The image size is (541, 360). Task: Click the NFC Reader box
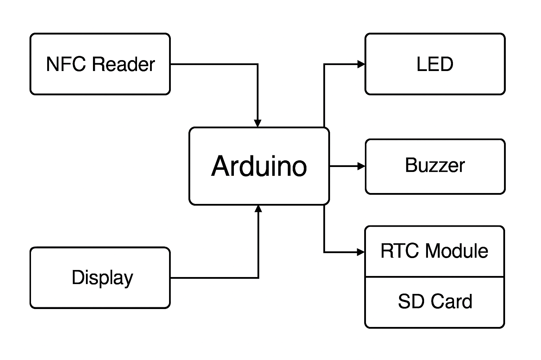(x=100, y=64)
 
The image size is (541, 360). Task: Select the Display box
(x=100, y=278)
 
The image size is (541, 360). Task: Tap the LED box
(x=435, y=64)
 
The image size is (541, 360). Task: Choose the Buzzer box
(x=435, y=166)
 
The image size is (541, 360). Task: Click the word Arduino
(x=259, y=166)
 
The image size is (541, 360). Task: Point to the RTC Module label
(x=434, y=251)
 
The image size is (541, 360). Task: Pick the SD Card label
(x=435, y=302)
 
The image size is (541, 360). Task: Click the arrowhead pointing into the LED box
(x=361, y=64)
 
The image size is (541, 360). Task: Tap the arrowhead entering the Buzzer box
(x=361, y=166)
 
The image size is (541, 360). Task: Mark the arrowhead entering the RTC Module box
(x=361, y=252)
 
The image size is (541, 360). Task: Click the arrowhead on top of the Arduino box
(x=258, y=123)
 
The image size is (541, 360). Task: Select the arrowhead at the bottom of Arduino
(x=259, y=209)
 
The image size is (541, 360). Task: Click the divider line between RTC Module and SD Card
(x=435, y=277)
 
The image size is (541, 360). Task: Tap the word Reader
(x=124, y=64)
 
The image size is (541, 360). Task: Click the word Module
(x=457, y=251)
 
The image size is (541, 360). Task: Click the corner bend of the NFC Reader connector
(x=258, y=64)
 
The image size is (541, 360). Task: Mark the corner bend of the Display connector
(x=259, y=278)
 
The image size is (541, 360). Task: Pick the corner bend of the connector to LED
(x=324, y=64)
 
